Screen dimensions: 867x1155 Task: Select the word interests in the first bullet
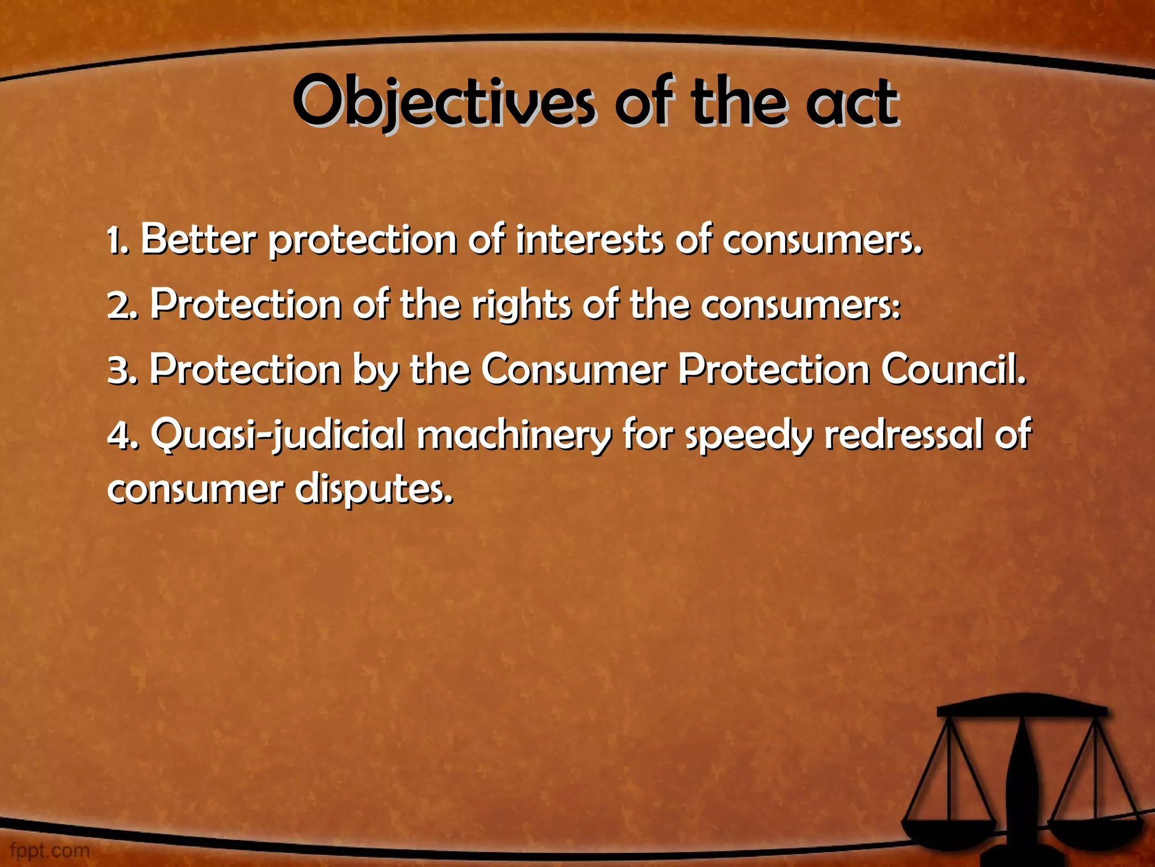coord(589,239)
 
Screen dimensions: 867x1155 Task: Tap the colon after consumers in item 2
coord(897,308)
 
